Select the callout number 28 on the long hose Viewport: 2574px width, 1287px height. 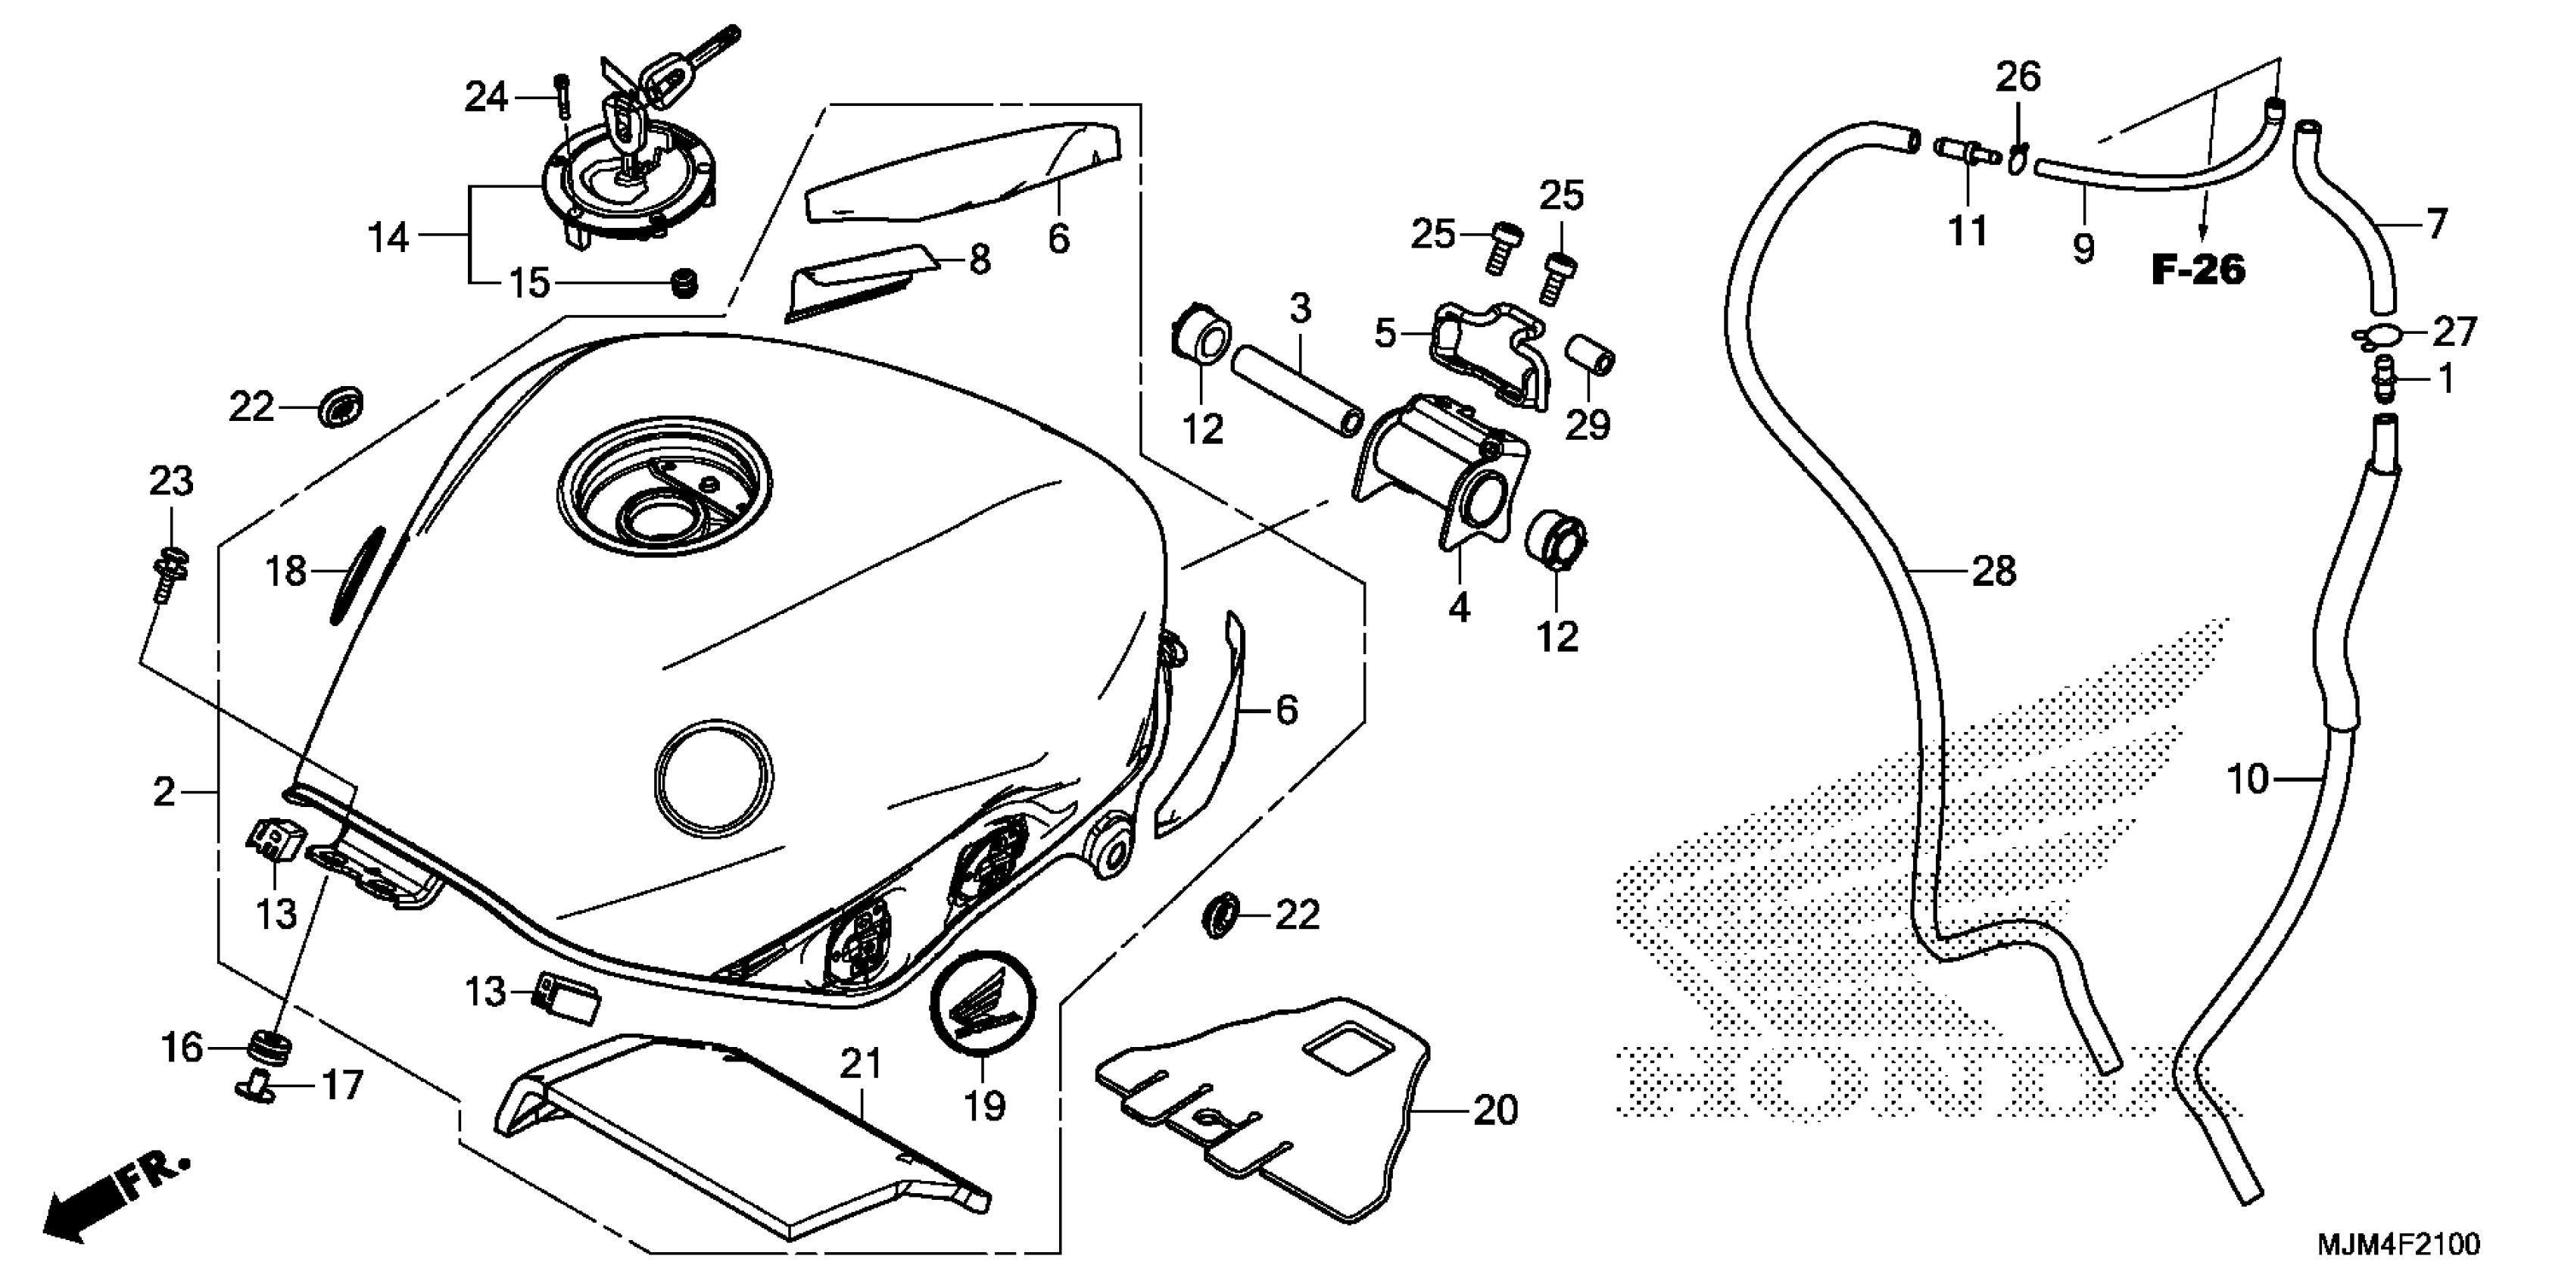[x=1993, y=572]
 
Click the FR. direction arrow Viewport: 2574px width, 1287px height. [x=110, y=1205]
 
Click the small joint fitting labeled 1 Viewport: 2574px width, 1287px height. [x=2383, y=381]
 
